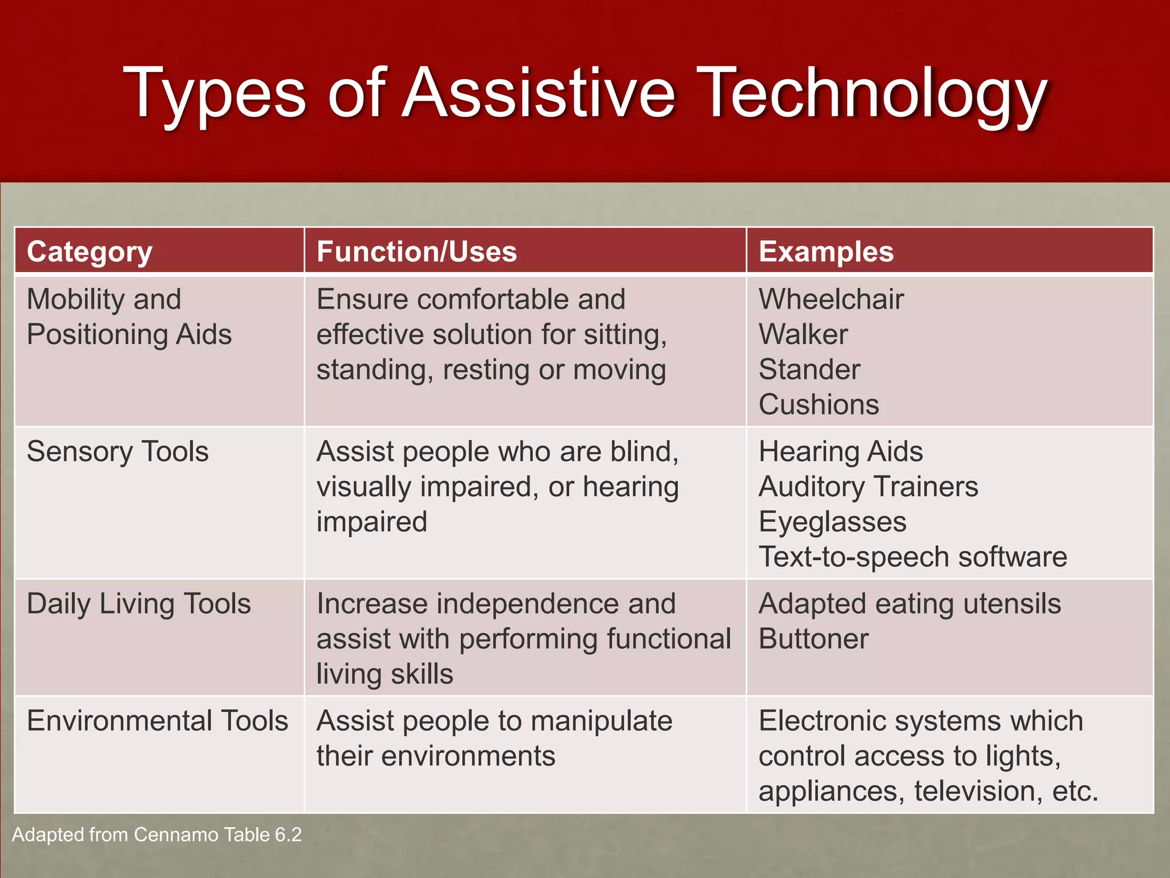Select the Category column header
(x=90, y=252)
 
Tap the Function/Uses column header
(x=416, y=252)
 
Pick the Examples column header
(x=826, y=252)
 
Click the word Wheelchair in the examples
(x=831, y=299)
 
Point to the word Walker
(x=803, y=334)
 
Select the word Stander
(x=809, y=369)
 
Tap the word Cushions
(x=819, y=404)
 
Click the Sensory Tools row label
(x=118, y=451)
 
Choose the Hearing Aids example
(x=840, y=451)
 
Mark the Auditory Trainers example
(x=868, y=486)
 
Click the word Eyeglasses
(x=832, y=521)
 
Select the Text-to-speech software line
(x=912, y=556)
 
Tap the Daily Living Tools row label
(x=139, y=604)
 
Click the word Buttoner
(x=814, y=638)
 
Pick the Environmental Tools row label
(x=157, y=720)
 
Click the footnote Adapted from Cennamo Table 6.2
(x=157, y=835)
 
